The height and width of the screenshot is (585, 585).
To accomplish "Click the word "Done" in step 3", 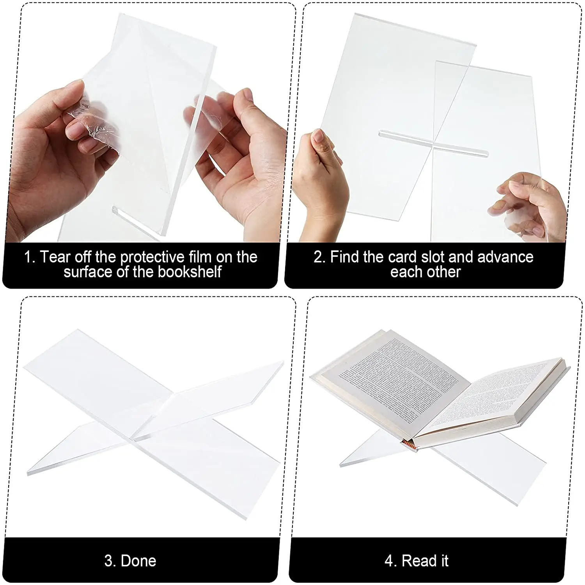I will pos(138,561).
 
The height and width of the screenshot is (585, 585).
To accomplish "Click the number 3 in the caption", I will pos(109,561).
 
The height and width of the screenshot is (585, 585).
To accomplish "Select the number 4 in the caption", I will pos(389,561).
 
